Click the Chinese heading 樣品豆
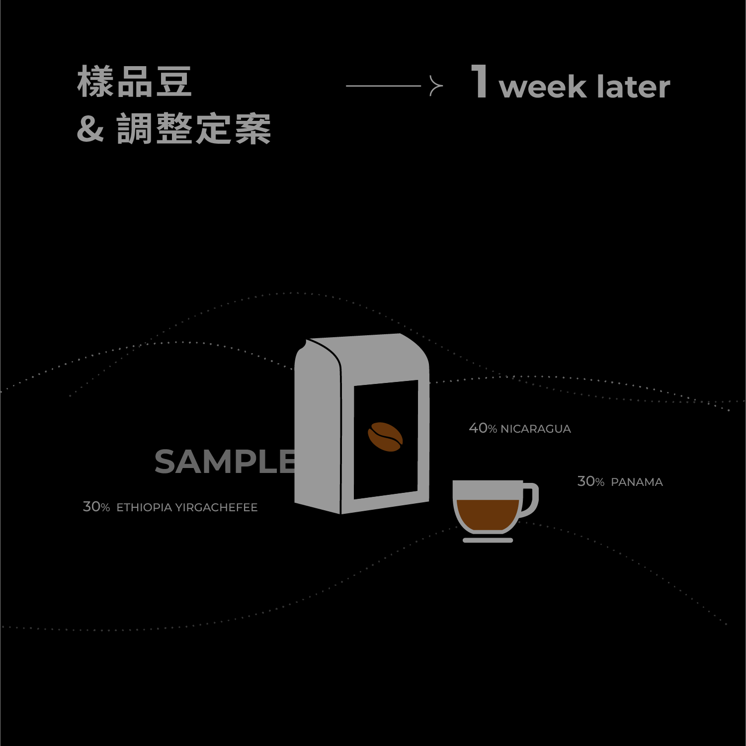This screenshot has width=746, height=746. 134,82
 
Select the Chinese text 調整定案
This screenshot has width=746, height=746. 194,129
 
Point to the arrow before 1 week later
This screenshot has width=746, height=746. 394,86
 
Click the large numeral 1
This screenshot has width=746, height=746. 480,82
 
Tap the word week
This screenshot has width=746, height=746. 543,88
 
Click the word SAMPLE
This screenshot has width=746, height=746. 225,462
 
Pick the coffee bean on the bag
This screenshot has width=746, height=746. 385,437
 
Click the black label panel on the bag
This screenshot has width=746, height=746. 386,467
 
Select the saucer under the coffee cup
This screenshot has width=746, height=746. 488,540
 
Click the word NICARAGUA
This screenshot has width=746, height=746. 535,429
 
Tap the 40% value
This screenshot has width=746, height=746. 483,428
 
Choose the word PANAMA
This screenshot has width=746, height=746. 637,482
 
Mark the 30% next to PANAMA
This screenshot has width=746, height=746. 590,481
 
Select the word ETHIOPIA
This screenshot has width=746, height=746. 144,507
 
